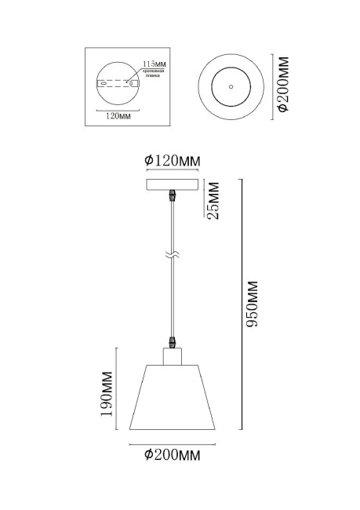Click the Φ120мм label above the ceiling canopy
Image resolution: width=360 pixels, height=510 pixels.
coord(173,161)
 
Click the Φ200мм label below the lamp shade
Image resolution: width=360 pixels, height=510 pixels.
coord(173,454)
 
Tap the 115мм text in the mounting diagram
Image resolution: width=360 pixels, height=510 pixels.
coord(155,62)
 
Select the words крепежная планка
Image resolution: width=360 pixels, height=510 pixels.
coord(154,73)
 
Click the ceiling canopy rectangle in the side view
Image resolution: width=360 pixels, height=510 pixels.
coord(173,184)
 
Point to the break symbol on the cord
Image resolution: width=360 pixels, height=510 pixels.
coord(173,256)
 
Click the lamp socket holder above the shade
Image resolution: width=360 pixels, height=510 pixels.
coord(173,357)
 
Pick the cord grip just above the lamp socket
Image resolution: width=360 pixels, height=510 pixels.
coord(173,341)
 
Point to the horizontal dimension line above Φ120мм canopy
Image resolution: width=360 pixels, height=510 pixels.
coord(173,172)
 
